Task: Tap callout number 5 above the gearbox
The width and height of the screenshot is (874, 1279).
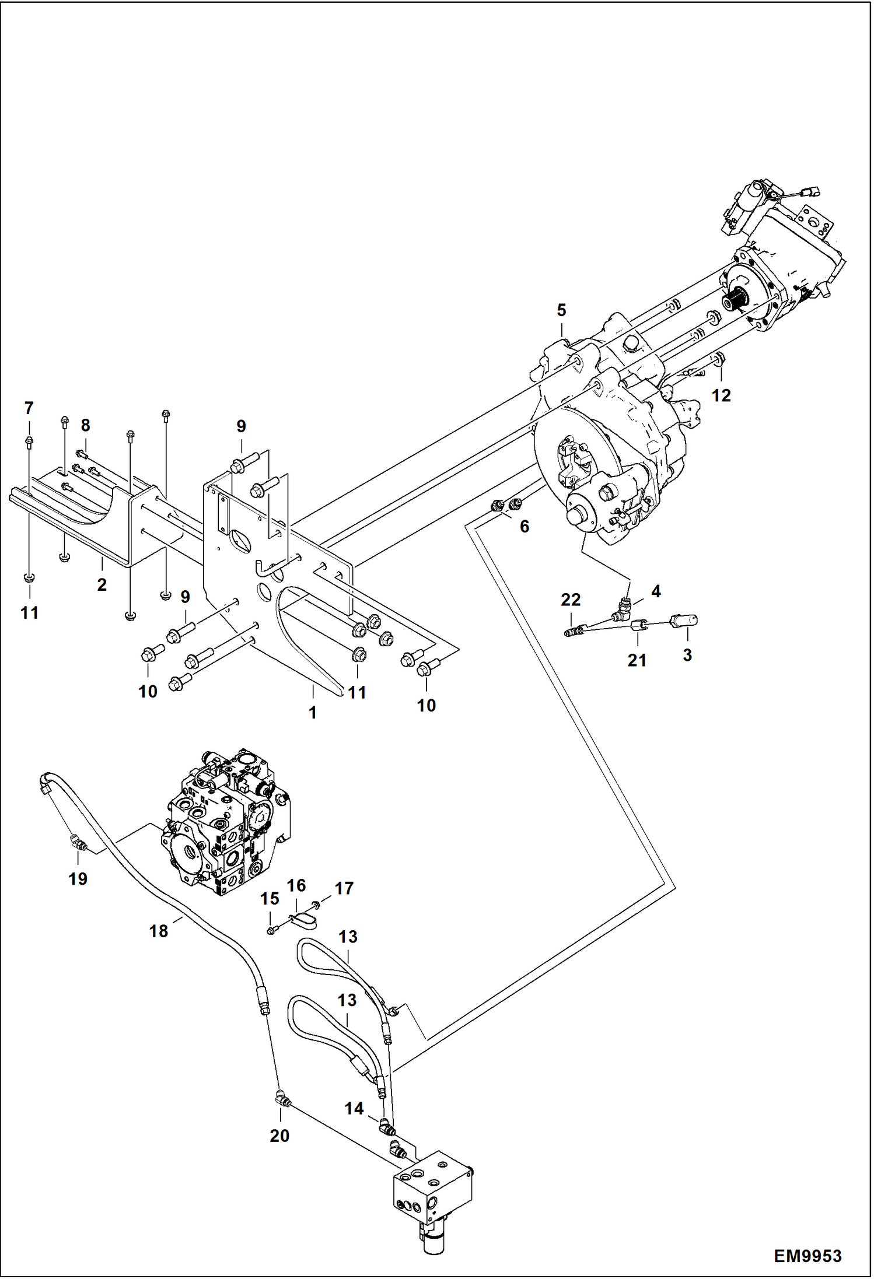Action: [561, 310]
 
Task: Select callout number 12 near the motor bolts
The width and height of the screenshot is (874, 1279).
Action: [721, 395]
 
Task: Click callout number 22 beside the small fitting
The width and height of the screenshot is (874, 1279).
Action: [571, 600]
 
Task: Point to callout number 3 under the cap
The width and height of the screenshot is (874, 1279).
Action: [687, 655]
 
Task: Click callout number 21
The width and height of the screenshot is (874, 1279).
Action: [637, 660]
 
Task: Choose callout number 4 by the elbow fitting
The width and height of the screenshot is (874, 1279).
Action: [656, 591]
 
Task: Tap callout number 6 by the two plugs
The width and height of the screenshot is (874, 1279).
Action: [525, 527]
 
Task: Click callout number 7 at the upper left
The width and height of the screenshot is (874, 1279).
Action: [29, 408]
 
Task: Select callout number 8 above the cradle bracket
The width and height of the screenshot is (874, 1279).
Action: [85, 425]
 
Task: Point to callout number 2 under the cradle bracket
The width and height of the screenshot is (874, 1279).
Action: [102, 584]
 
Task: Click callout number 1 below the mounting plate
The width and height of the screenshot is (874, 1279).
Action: [313, 712]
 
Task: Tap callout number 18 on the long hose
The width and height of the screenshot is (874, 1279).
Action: [159, 931]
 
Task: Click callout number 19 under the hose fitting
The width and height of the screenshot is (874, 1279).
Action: [78, 878]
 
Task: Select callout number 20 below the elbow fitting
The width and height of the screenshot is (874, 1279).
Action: [279, 1136]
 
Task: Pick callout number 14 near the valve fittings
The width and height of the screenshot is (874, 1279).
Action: [354, 1108]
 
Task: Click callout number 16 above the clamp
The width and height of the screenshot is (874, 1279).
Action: [296, 886]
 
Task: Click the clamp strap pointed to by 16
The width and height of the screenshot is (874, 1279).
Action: [304, 921]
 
